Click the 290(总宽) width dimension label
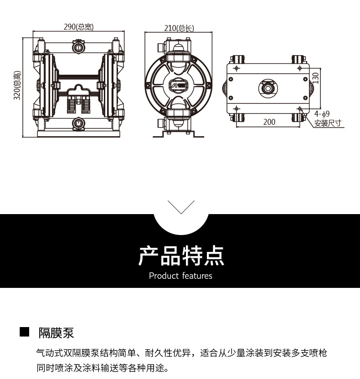tap(78, 27)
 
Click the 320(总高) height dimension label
tap(17, 86)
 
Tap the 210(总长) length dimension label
tap(179, 28)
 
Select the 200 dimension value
tap(269, 122)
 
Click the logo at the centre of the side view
tap(179, 85)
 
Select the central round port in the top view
tap(268, 86)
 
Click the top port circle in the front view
tap(78, 46)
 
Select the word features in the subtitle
tap(197, 276)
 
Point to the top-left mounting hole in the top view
tap(236, 68)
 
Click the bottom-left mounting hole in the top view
tap(236, 108)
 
